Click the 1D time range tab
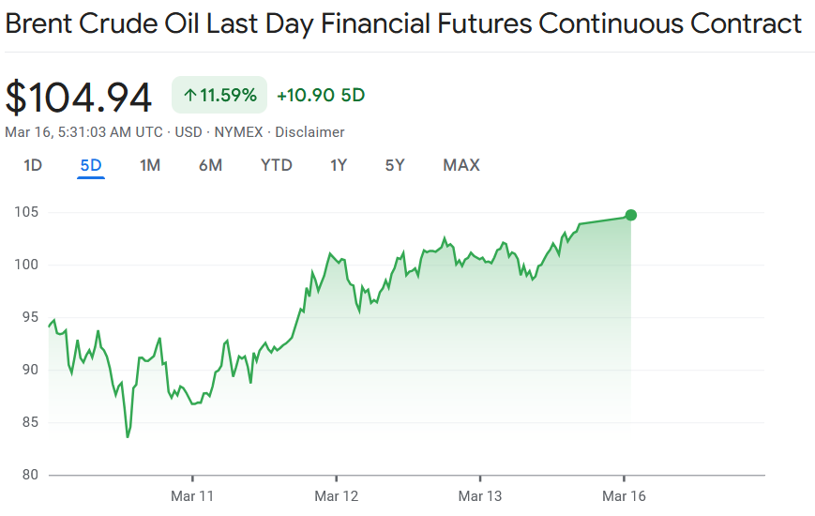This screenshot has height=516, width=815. click(x=33, y=165)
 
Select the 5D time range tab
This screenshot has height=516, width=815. click(x=91, y=165)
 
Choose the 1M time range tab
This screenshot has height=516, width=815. click(x=150, y=165)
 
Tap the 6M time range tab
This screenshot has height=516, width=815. click(x=210, y=165)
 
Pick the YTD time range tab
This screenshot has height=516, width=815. click(x=277, y=165)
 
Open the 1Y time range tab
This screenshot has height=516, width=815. click(x=339, y=165)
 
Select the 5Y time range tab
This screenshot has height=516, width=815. click(x=395, y=165)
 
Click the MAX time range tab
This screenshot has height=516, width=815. click(x=461, y=165)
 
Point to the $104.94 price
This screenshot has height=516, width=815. click(x=79, y=97)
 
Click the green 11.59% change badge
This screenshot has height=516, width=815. click(x=219, y=95)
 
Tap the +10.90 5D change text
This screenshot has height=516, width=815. click(x=321, y=95)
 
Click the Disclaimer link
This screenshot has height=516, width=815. click(x=309, y=132)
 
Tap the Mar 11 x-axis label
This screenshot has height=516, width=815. click(x=192, y=495)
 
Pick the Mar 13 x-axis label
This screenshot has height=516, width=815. click(x=480, y=495)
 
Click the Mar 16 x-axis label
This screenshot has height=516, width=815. click(x=624, y=495)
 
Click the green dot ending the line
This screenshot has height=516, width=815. click(x=631, y=215)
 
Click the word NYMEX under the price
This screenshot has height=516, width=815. click(x=241, y=132)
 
